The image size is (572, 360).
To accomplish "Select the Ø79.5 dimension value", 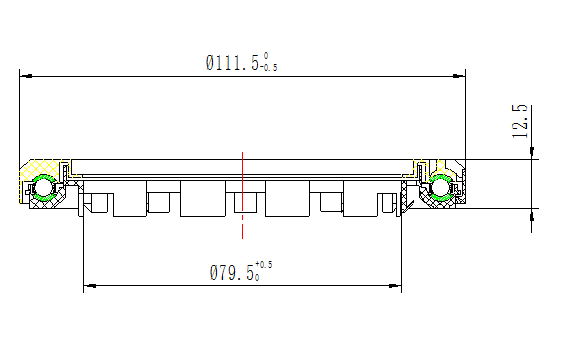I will pos(237,272).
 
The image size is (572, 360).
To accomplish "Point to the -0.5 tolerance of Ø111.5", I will pos(267,68).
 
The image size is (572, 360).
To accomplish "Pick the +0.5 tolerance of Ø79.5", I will pos(264,265).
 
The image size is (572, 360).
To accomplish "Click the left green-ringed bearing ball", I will pos(43,188).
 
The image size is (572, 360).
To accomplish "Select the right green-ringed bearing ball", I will pos(441,187).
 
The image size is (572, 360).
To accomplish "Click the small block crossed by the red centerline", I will pos(242,204).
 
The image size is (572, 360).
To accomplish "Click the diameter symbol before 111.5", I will pos(211,62).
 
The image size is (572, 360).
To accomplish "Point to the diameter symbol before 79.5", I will pos(213,272).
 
